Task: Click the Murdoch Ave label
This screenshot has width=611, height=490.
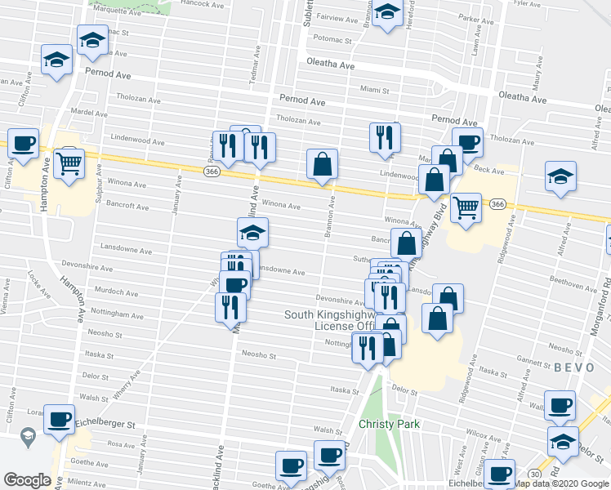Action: pos(116,292)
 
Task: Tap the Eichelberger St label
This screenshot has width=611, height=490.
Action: pos(104,425)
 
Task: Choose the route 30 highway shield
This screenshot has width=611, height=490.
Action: pos(534,473)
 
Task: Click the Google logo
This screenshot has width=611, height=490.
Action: pos(27,480)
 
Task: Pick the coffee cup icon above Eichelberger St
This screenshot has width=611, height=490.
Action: pos(58,419)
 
